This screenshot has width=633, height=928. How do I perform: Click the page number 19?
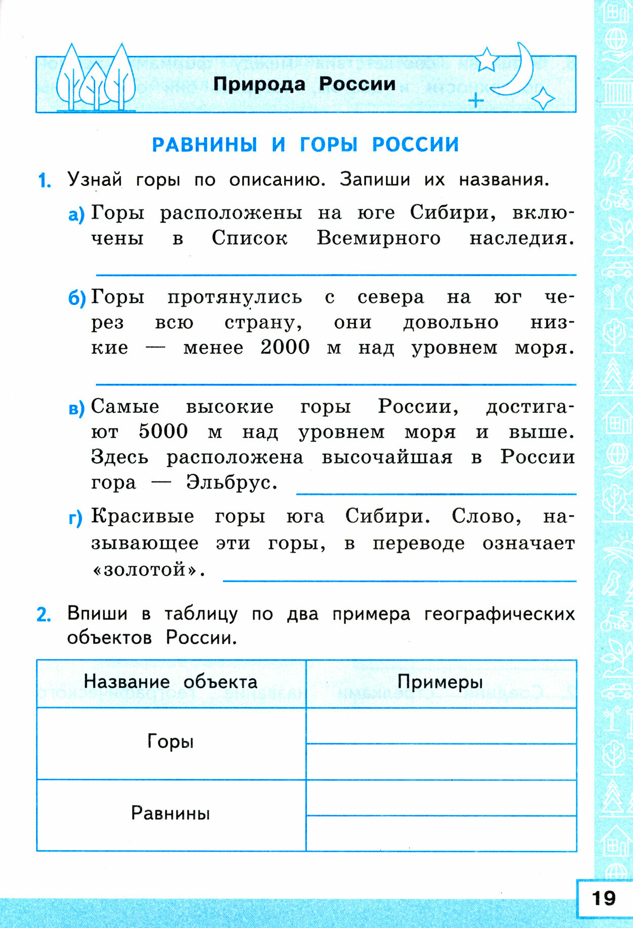pos(604,898)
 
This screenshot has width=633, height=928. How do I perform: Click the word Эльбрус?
pos(231,482)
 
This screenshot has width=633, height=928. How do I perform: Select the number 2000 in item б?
pos(285,348)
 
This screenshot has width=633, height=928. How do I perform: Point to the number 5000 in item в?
pos(163,432)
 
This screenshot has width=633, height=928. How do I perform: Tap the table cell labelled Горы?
pos(171,742)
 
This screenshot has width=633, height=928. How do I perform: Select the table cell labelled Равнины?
pos(171,814)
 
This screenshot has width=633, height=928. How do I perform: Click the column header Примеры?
pos(440,682)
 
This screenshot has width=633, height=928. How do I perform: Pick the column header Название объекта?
pos(171,682)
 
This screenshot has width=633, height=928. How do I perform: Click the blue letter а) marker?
pos(76,215)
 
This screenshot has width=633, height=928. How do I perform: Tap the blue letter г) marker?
pos(75,518)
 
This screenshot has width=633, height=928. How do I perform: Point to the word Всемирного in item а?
pos(379,238)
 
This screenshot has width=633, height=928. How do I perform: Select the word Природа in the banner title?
pos(259,84)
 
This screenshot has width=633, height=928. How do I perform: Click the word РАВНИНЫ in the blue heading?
pos(205,145)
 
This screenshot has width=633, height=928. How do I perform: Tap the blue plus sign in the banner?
pos(476,101)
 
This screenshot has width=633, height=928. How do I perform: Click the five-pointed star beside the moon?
pos(487,59)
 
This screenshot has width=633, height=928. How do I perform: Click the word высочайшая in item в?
pos(387,457)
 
